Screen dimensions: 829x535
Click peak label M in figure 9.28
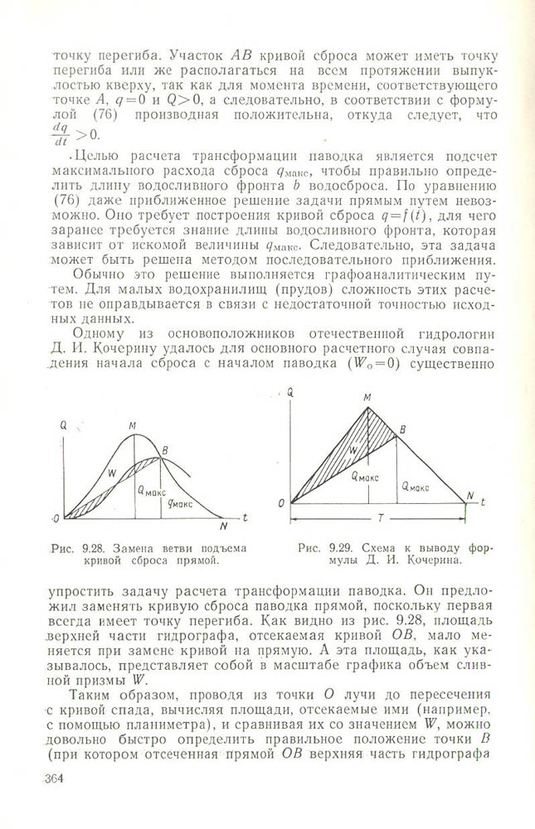[132, 427]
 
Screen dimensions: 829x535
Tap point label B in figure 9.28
[165, 450]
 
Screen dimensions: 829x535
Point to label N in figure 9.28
[223, 526]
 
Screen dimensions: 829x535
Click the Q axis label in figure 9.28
[63, 426]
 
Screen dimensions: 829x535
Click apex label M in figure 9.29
[367, 399]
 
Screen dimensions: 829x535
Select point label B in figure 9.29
[402, 429]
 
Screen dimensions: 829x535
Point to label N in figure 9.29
[469, 497]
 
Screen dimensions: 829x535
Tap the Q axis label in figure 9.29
[291, 390]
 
